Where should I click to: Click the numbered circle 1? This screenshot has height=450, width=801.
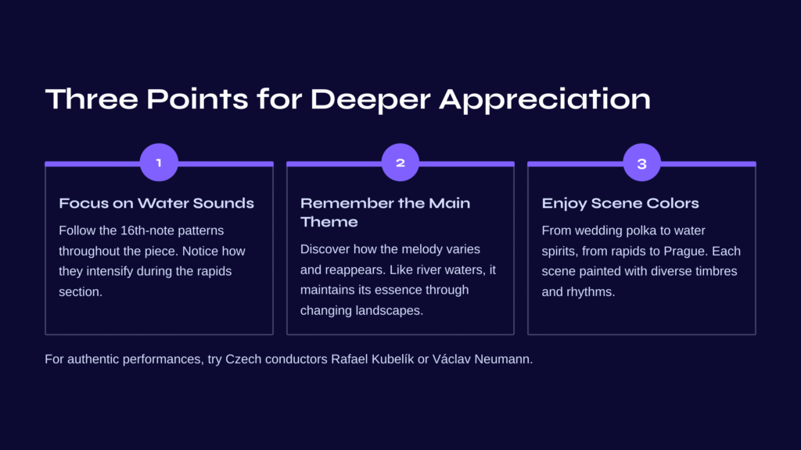(x=159, y=162)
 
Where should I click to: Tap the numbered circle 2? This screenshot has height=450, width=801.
(x=400, y=162)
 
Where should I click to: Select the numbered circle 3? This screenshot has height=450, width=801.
(x=642, y=162)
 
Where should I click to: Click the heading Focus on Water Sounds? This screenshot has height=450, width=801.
(x=156, y=203)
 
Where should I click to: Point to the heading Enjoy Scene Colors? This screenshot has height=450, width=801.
(x=620, y=204)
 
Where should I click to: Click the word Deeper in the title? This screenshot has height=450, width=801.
(x=370, y=99)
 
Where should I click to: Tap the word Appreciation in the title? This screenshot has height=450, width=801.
(x=545, y=99)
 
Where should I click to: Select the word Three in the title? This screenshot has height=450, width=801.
(x=92, y=98)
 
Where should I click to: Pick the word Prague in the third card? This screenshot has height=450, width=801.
(x=684, y=252)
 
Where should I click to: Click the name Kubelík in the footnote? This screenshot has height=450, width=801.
(x=393, y=359)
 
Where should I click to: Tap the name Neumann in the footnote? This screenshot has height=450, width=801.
(x=503, y=359)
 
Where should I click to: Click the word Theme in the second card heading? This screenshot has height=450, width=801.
(x=329, y=222)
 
